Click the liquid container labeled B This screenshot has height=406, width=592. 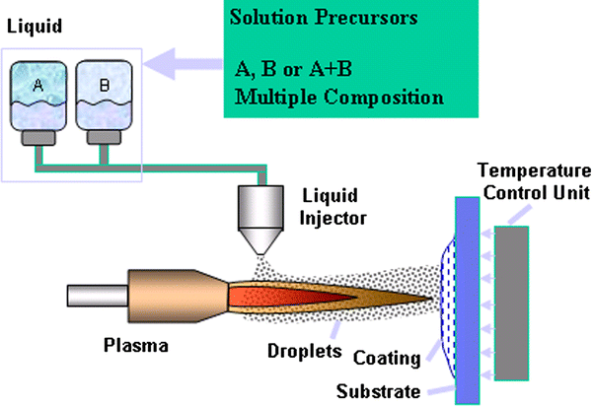[104, 100]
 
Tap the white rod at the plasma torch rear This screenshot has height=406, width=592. [95, 296]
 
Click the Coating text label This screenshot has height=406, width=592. [390, 359]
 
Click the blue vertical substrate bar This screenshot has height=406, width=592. [464, 296]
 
